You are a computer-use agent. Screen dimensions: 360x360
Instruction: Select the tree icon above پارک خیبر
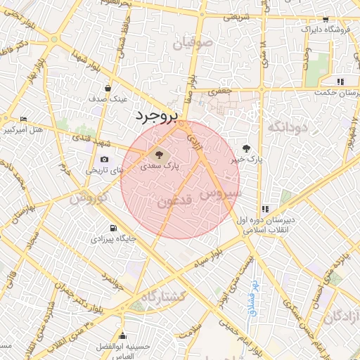pos(246,148)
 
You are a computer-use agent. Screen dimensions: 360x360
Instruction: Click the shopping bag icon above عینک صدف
pos(108,89)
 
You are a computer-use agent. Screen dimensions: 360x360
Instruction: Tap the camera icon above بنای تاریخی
pos(105,160)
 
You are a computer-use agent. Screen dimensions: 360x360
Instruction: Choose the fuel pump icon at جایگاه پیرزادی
pos(112,229)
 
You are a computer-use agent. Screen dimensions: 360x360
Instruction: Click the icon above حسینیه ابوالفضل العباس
pos(124,335)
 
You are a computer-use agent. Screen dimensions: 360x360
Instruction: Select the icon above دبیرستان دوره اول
pos(265,209)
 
